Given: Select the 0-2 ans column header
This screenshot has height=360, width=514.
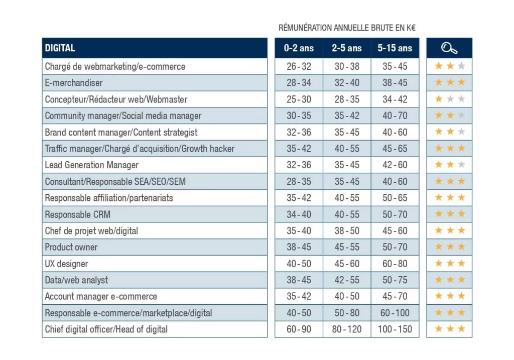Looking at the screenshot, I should (x=299, y=48).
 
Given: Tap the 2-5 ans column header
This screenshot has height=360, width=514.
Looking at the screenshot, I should (x=346, y=48).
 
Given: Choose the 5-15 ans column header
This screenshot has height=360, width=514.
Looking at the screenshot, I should (x=395, y=48).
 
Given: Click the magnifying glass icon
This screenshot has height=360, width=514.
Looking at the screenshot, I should (x=449, y=48).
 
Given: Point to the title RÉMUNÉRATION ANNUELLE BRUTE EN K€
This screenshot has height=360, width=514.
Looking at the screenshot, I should (x=347, y=28).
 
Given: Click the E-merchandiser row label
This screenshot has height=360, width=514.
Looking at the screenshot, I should (x=73, y=83).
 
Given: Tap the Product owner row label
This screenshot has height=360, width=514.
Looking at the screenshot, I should (x=71, y=247).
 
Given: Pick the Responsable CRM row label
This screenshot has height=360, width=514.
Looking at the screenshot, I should (x=77, y=214).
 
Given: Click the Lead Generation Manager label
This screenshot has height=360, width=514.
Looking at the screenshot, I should (x=91, y=165).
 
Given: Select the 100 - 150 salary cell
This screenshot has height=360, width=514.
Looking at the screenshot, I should (x=395, y=329).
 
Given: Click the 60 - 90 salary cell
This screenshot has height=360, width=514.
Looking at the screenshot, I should (x=299, y=329).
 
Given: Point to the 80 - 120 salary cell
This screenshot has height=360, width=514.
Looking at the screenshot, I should (x=347, y=329).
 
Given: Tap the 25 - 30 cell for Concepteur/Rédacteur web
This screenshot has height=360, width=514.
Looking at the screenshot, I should (x=299, y=99).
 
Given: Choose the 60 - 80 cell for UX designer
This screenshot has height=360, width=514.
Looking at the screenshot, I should (x=395, y=264).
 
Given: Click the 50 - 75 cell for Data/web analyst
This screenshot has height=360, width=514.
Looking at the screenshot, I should (x=395, y=280).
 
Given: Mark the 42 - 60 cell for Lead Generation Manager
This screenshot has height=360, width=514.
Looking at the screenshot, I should (x=395, y=165).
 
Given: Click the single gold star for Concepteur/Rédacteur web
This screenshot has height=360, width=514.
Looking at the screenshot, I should (x=439, y=99).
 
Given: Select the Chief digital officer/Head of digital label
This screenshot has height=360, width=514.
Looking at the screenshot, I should (x=106, y=329).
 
